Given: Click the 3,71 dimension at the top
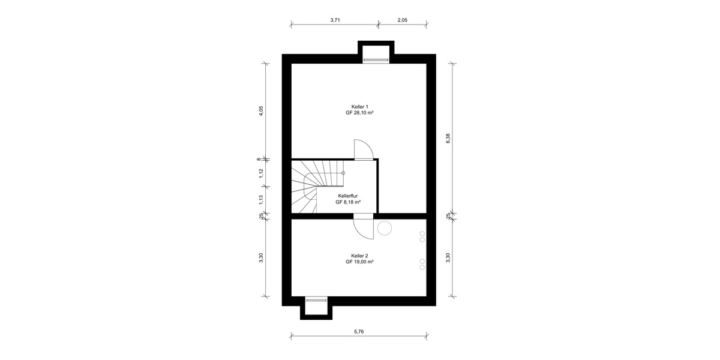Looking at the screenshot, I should click(335, 20).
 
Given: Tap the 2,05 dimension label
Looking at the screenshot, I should click(402, 20).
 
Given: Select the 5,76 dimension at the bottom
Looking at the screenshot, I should click(359, 331).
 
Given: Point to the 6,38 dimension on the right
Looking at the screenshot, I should click(448, 138).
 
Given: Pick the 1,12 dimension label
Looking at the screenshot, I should click(261, 173).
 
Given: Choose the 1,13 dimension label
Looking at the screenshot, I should click(261, 199).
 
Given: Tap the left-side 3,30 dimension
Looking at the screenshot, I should click(261, 257).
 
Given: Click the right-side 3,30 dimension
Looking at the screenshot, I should click(448, 257).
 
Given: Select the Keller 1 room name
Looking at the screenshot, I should click(359, 106).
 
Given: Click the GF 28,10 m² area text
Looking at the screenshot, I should click(359, 113).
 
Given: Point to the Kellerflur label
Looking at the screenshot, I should click(348, 196).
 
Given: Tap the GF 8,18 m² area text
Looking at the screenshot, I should click(348, 202).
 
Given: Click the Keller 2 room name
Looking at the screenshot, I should click(359, 256).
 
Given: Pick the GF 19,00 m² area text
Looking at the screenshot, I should click(359, 262).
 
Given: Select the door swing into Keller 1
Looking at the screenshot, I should click(364, 149).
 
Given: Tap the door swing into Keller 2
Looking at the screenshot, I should click(363, 227).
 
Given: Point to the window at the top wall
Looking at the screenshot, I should click(376, 59).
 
